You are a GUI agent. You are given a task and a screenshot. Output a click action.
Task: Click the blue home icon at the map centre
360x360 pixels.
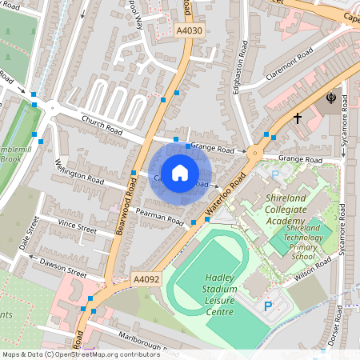[x=180, y=172]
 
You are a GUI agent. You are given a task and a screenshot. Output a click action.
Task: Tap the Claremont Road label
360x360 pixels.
[x=287, y=63]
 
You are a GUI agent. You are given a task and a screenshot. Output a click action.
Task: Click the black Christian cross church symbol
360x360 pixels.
[x=297, y=118]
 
